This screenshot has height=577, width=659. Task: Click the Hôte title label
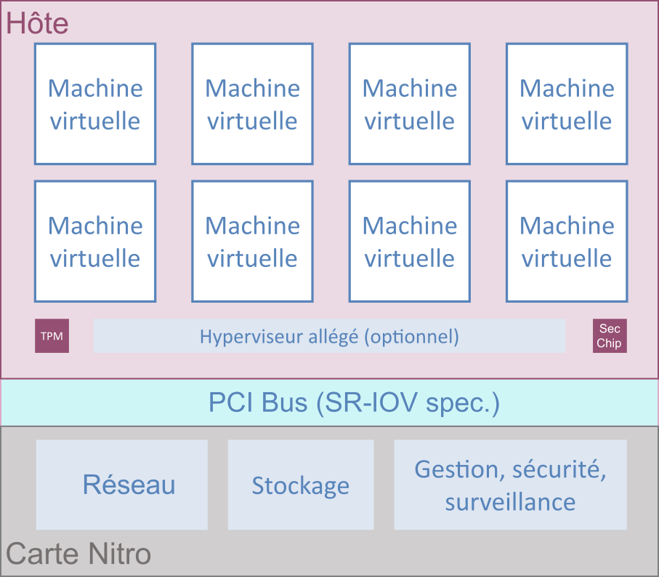[x=37, y=24]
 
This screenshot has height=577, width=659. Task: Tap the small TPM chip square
[x=52, y=336]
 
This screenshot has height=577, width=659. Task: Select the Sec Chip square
[x=610, y=336]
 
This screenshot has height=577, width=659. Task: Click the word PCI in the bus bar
[x=231, y=402]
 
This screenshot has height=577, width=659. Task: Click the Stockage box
[x=300, y=485]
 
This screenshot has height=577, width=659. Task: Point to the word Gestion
[x=459, y=470]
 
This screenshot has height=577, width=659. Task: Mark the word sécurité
[x=559, y=470]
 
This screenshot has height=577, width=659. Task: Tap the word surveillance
[x=510, y=502]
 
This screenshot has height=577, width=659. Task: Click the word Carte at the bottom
[x=41, y=554]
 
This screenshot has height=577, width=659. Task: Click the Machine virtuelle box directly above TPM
[x=95, y=241]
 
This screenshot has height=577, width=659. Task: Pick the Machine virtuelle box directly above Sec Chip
[x=567, y=241]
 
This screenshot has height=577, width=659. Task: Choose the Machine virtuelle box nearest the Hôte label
[x=95, y=103]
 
